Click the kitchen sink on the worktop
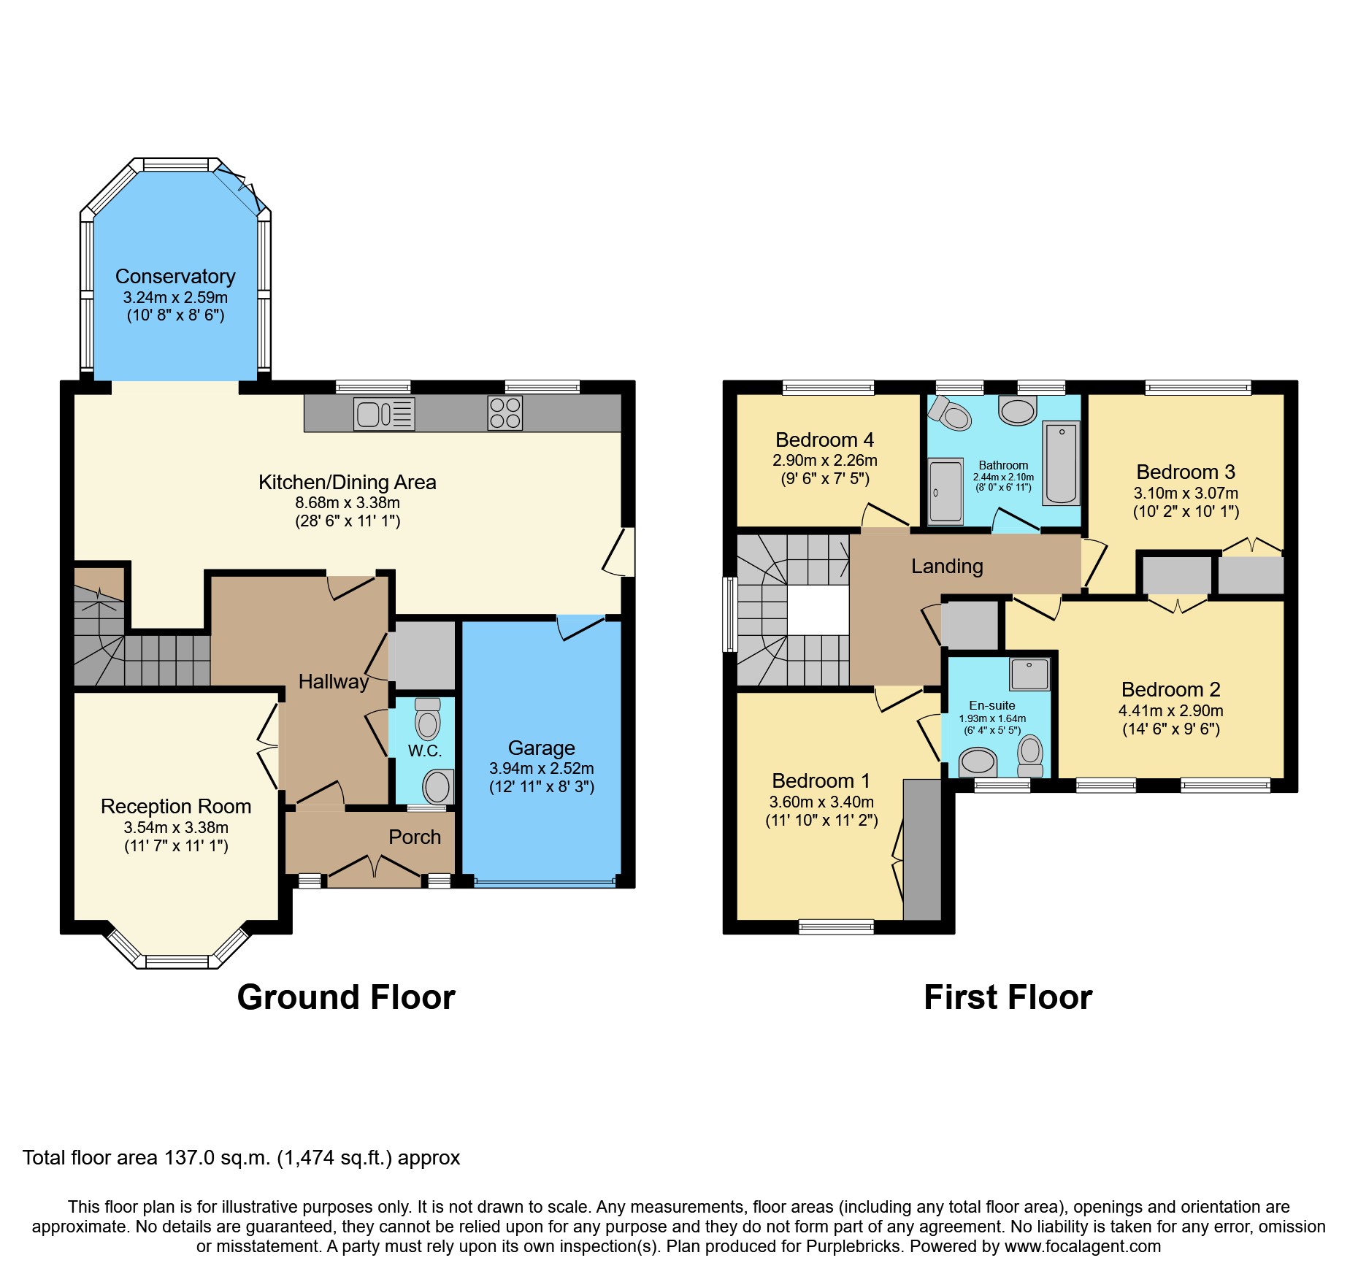[x=384, y=413]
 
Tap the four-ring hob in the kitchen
[x=505, y=412]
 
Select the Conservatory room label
[x=175, y=277]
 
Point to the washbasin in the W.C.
[x=438, y=787]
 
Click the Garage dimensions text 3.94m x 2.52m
[x=541, y=769]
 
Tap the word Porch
[x=414, y=837]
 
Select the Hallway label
[x=333, y=682]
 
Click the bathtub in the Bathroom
[x=1061, y=463]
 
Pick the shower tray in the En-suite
[x=1029, y=674]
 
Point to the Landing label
[x=947, y=567]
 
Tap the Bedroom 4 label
[x=824, y=440]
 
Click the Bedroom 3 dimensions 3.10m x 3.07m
[x=1186, y=494]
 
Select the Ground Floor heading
[x=346, y=997]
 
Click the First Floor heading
[x=1008, y=997]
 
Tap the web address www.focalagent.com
[x=1082, y=1246]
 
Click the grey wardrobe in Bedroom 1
[x=922, y=849]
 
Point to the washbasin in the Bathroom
[x=1018, y=410]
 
